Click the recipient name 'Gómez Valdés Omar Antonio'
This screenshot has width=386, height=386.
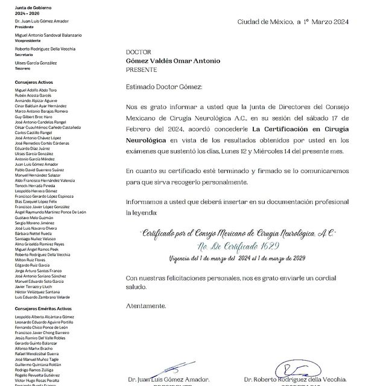pyautogui.click(x=173, y=61)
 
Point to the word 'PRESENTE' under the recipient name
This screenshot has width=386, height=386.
pyautogui.click(x=141, y=69)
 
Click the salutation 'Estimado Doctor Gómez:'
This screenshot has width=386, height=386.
pyautogui.click(x=160, y=87)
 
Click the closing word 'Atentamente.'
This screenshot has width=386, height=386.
pyautogui.click(x=147, y=306)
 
